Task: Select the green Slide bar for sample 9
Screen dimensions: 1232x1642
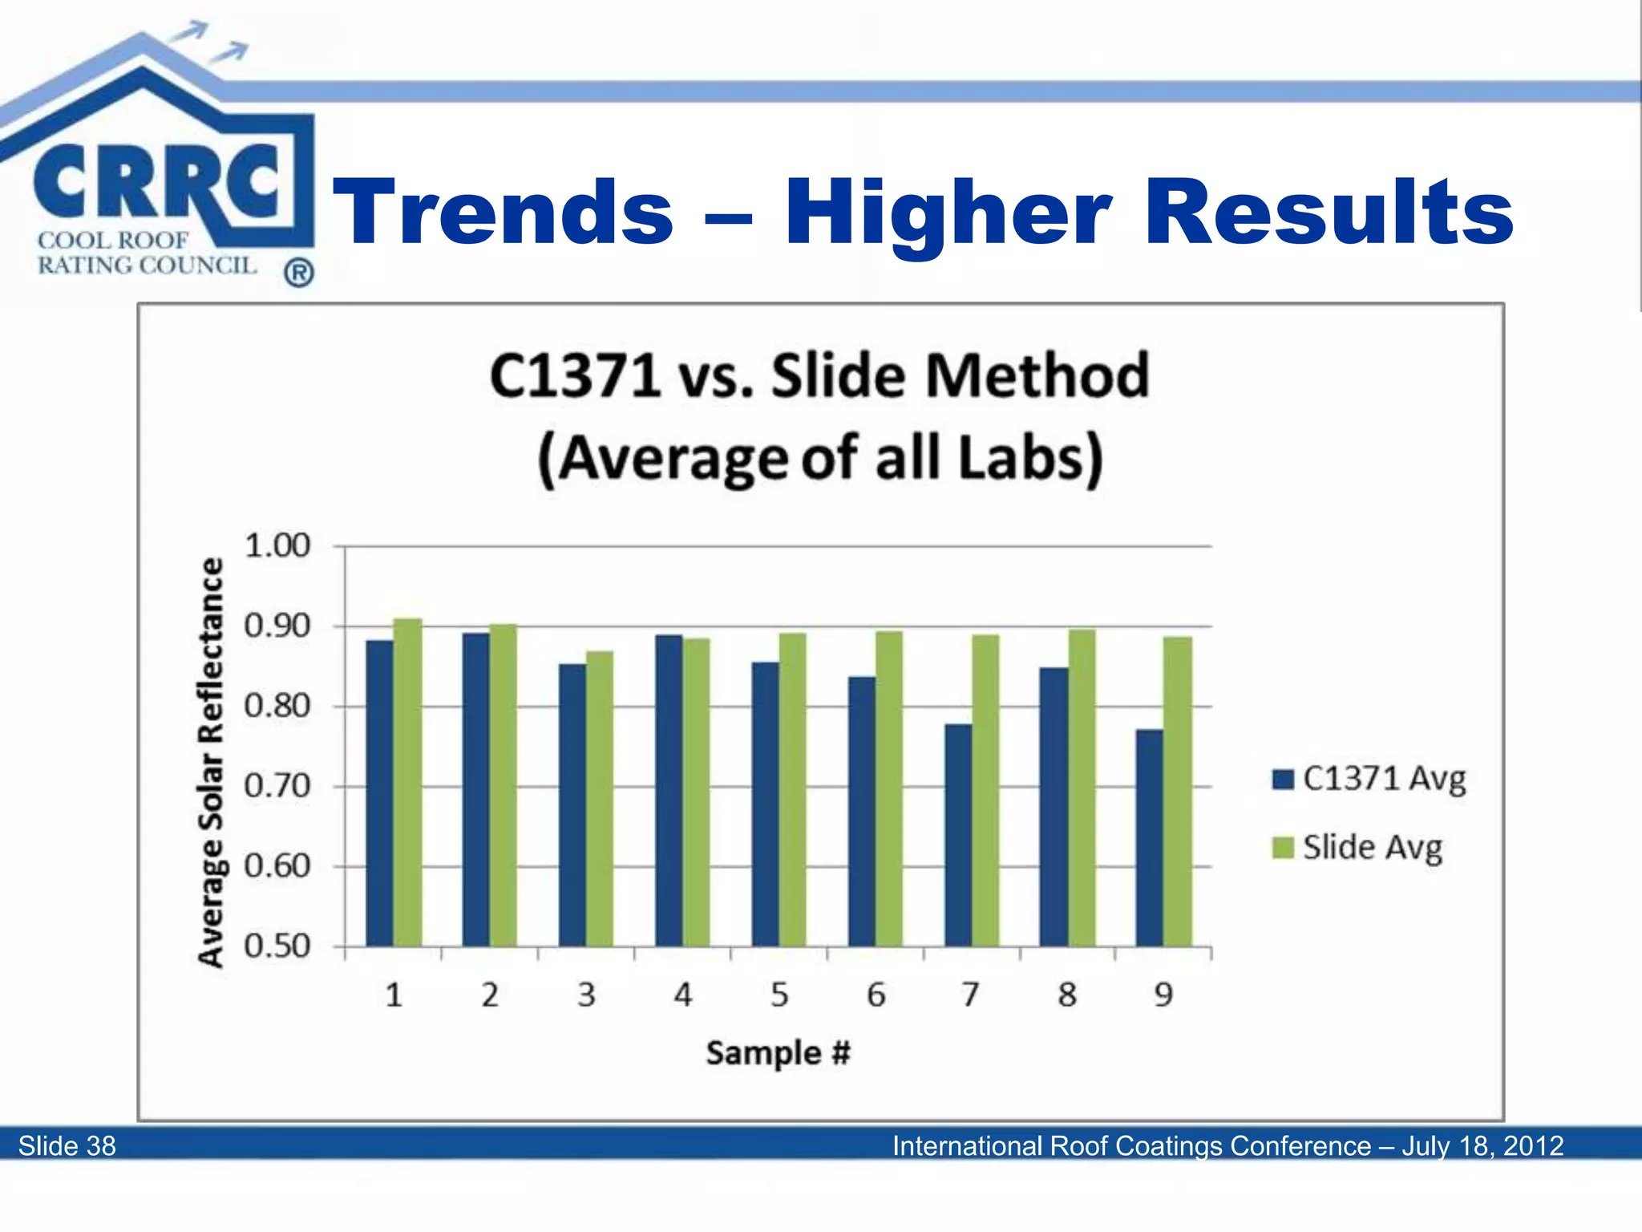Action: pos(1178,792)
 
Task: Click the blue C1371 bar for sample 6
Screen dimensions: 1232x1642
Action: pos(862,811)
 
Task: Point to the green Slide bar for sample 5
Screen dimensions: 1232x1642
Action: pos(793,789)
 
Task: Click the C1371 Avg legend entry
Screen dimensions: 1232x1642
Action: pos(1369,779)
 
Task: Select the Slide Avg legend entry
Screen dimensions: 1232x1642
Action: pos(1358,848)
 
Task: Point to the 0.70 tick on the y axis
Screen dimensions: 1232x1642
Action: pos(277,786)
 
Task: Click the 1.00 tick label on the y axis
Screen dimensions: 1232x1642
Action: pos(277,546)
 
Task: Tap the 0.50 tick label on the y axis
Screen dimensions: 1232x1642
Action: pos(277,946)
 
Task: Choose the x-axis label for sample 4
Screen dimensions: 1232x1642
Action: pos(682,995)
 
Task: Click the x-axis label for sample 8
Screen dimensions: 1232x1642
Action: pos(1067,995)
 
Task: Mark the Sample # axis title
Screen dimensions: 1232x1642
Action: pos(778,1053)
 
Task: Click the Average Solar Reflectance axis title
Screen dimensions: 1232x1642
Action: pos(211,762)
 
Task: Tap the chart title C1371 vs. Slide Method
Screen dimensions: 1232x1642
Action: pos(819,375)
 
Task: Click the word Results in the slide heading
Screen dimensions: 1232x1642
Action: pos(1329,212)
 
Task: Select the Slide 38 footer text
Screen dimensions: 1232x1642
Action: pos(67,1145)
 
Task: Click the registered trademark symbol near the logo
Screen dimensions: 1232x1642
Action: pos(299,274)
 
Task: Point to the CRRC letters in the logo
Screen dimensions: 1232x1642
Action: pos(156,180)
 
